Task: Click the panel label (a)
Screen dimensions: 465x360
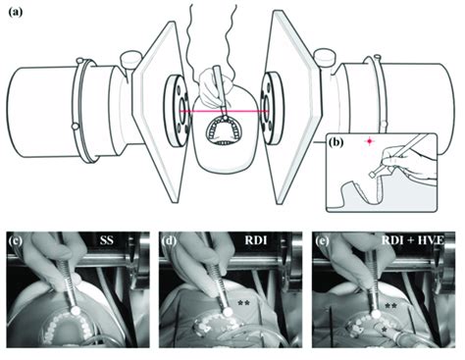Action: (15, 13)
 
